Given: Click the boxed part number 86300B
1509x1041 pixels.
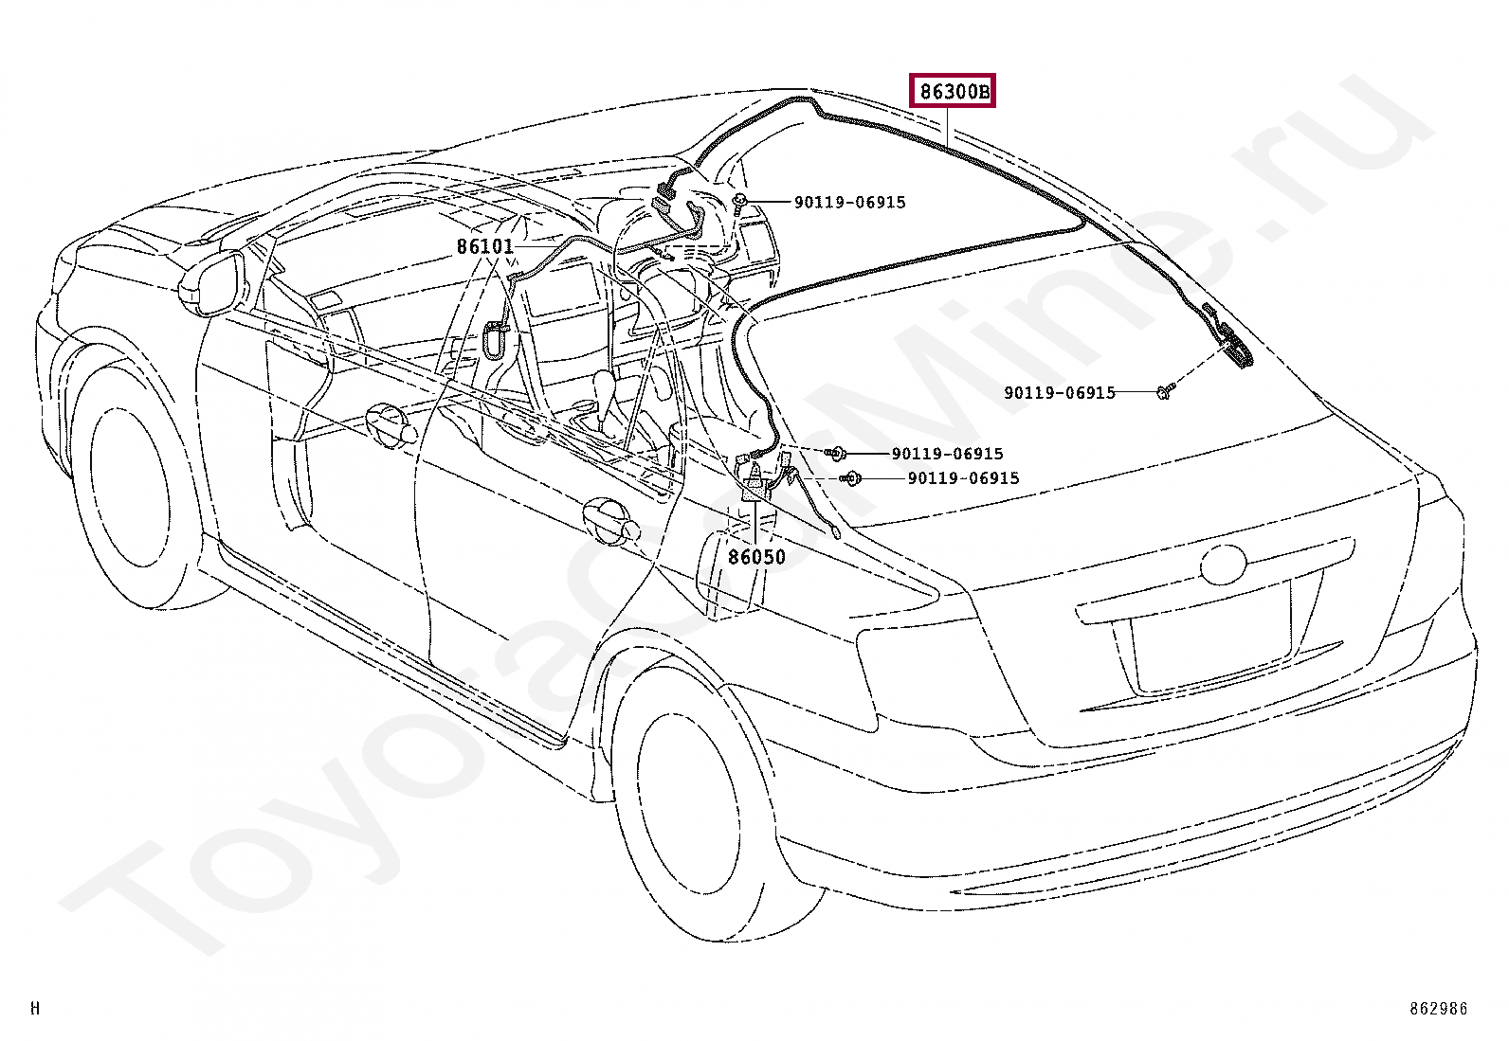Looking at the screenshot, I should pyautogui.click(x=954, y=92).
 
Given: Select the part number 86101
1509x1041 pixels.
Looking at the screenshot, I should pyautogui.click(x=484, y=246).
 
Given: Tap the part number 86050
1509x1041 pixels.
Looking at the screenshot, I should pyautogui.click(x=756, y=557).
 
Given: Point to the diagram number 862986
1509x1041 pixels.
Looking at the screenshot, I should pyautogui.click(x=1437, y=1009).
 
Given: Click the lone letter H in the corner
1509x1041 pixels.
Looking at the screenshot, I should pyautogui.click(x=35, y=1009).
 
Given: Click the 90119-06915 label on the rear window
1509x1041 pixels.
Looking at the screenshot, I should pyautogui.click(x=1059, y=392).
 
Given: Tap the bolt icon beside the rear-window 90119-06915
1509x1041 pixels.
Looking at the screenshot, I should pyautogui.click(x=1166, y=389).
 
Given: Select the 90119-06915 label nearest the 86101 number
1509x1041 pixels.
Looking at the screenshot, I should pyautogui.click(x=849, y=202).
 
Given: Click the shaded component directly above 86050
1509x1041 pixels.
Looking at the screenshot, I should pyautogui.click(x=754, y=489).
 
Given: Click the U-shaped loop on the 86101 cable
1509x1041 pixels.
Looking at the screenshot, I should pyautogui.click(x=494, y=339).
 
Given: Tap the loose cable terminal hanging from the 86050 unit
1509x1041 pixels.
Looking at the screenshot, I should pyautogui.click(x=834, y=532).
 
